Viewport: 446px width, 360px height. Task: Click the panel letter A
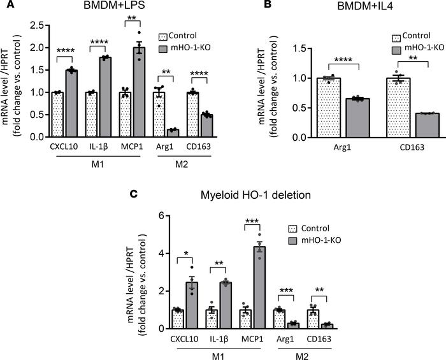click(x=6, y=6)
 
